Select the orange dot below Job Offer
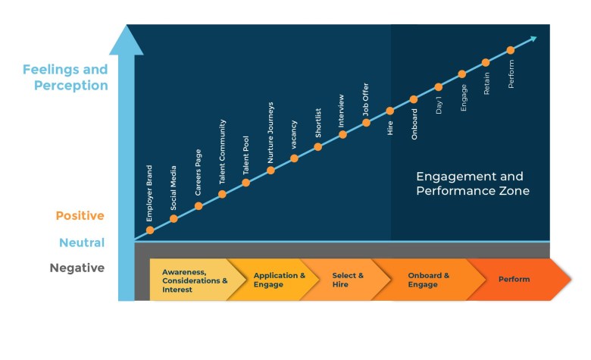click(366, 122)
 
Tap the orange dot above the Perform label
click(510, 50)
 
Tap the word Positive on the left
click(80, 216)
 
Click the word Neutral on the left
click(82, 243)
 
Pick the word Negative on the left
click(77, 268)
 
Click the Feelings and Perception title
click(65, 77)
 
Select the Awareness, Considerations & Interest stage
click(194, 280)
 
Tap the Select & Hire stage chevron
click(348, 280)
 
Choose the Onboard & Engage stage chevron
click(428, 280)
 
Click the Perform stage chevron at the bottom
click(514, 280)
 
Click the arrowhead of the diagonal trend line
click(533, 38)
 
